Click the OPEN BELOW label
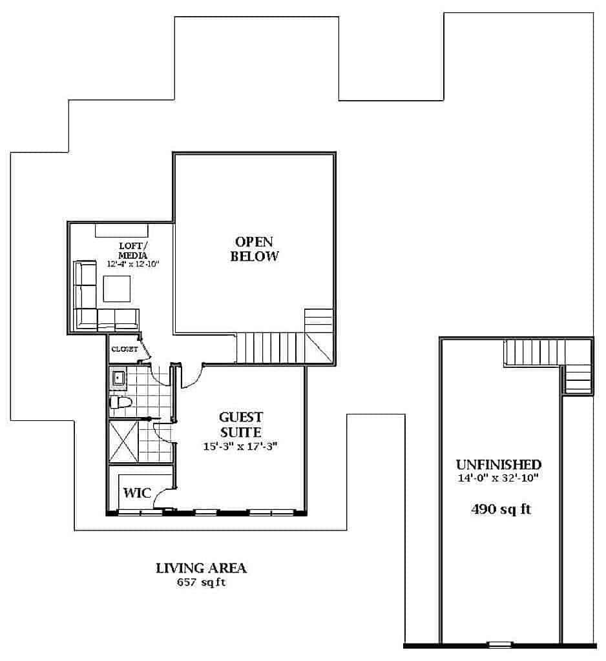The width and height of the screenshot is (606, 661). click(x=254, y=249)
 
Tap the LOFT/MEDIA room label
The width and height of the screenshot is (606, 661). click(x=133, y=250)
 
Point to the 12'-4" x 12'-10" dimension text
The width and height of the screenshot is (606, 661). click(x=133, y=264)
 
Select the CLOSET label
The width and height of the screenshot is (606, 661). click(x=125, y=349)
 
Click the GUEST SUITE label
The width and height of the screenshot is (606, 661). click(x=241, y=425)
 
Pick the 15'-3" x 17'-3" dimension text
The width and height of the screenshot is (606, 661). click(x=240, y=446)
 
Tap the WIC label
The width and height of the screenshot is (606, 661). click(x=137, y=493)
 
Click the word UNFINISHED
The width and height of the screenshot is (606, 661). click(x=498, y=465)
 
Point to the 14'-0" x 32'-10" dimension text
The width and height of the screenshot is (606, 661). click(x=498, y=478)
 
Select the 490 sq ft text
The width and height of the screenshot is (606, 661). click(x=501, y=509)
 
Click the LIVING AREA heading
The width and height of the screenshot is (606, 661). click(x=202, y=568)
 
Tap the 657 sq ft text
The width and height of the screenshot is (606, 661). click(x=202, y=583)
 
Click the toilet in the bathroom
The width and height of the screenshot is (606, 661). click(x=121, y=402)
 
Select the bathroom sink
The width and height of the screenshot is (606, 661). click(x=118, y=378)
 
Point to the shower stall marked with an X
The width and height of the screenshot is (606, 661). click(x=123, y=441)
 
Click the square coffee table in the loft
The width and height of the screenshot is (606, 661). click(x=117, y=289)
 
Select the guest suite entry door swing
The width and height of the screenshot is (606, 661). click(x=192, y=376)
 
